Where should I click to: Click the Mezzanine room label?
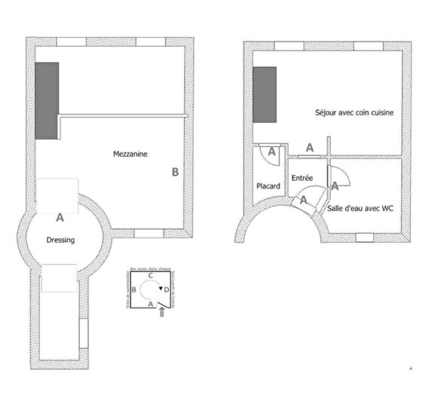tap(130, 154)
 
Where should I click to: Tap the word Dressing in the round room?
tap(60, 241)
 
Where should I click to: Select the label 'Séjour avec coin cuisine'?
tap(354, 112)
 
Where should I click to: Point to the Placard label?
tap(268, 186)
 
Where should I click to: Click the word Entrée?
tap(302, 178)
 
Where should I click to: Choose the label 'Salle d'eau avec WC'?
tap(361, 208)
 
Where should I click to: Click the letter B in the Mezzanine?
tap(175, 173)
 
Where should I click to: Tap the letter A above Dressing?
tap(60, 218)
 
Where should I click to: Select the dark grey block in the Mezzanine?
tap(46, 101)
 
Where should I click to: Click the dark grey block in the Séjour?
tap(265, 94)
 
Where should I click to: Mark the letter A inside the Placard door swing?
tap(272, 152)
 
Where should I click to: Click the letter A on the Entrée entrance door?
tap(304, 201)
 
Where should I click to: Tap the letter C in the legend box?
tap(151, 276)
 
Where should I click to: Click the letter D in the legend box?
tap(167, 290)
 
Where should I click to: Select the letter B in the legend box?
tap(134, 290)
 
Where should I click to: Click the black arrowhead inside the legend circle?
tap(160, 289)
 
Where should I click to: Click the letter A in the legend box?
tap(150, 303)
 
